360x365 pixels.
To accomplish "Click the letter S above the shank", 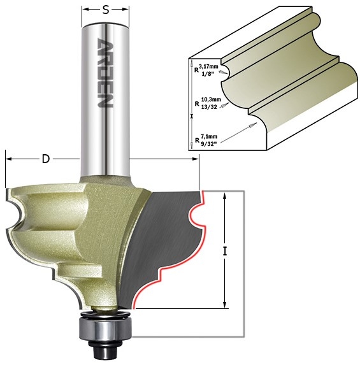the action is pyautogui.click(x=106, y=10).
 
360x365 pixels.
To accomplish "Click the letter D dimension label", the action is pyautogui.click(x=46, y=159).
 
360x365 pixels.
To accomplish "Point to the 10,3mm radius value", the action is pyautogui.click(x=211, y=99).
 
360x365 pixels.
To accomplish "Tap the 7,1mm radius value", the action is pyautogui.click(x=209, y=136).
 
